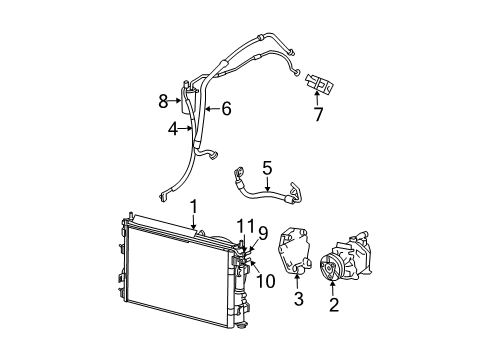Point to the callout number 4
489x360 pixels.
point(172,128)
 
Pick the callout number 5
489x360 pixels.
point(267,167)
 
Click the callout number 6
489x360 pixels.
point(226,108)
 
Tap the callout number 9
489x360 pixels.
point(263,232)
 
